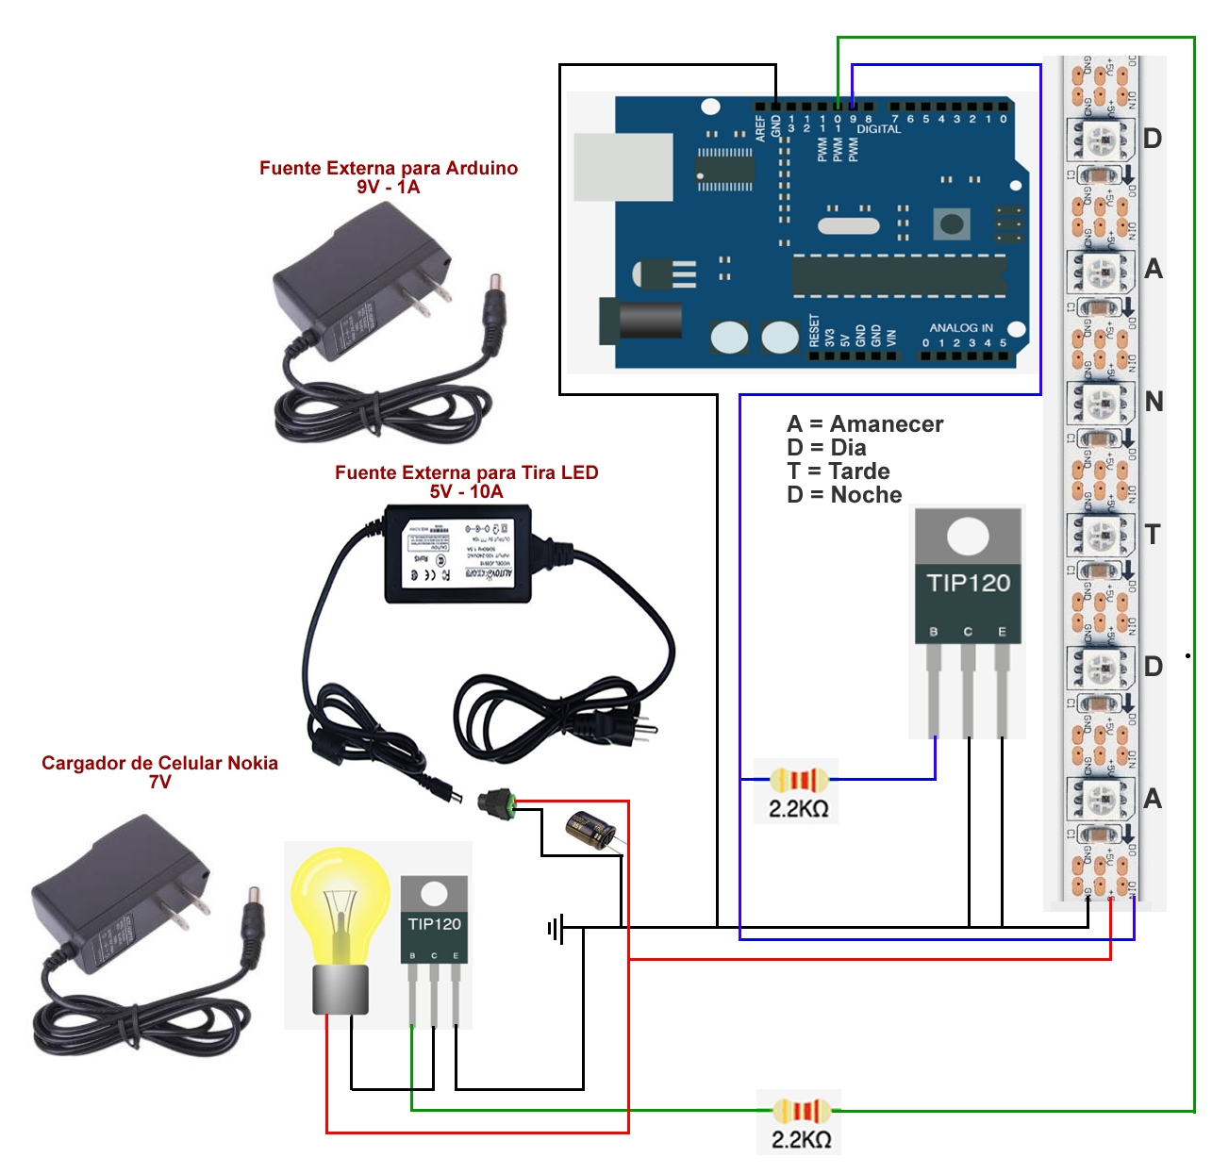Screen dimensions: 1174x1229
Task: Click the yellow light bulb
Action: (x=340, y=905)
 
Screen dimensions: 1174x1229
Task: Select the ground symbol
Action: (x=556, y=929)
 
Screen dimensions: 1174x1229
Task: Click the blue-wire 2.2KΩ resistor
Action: (x=800, y=780)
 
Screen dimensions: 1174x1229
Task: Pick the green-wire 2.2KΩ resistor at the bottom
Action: (x=801, y=1111)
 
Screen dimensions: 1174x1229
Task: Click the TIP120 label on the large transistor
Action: (x=968, y=583)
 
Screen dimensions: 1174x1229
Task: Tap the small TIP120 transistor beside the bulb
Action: (x=434, y=934)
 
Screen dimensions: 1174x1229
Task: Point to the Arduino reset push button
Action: (x=952, y=223)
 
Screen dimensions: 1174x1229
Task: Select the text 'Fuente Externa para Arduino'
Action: (x=389, y=168)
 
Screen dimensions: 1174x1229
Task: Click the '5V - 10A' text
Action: (x=466, y=491)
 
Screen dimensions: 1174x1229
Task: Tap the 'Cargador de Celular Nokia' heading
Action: (x=159, y=763)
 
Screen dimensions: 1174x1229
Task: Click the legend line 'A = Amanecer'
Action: (x=865, y=424)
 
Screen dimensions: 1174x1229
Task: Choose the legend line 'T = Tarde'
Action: (x=839, y=471)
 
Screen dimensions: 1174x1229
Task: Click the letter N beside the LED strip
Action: (x=1153, y=402)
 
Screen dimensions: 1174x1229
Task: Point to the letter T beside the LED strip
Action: (x=1152, y=535)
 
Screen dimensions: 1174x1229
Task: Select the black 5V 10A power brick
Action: (x=458, y=554)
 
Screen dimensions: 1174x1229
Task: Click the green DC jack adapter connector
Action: (x=496, y=803)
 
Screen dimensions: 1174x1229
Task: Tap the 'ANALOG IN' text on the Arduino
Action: (x=960, y=328)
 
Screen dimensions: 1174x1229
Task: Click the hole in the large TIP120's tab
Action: (x=968, y=537)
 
